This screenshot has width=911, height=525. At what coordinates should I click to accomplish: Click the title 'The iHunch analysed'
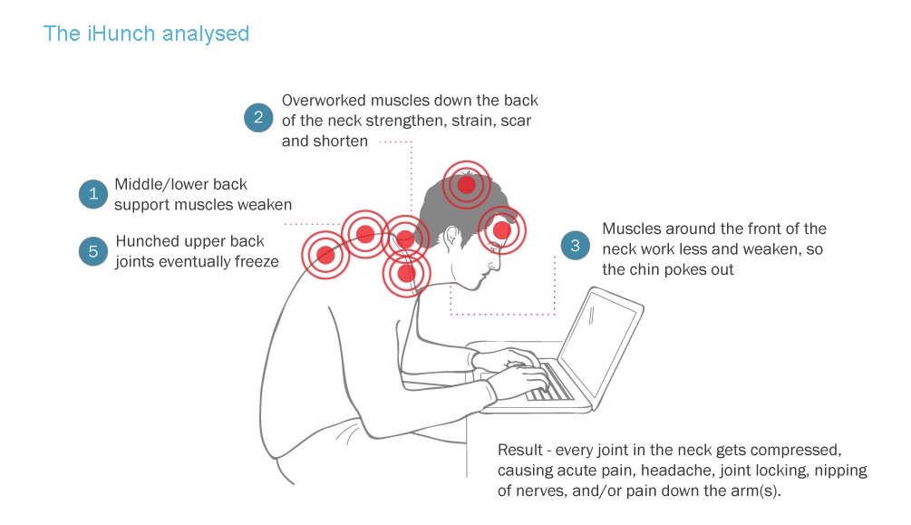[146, 34]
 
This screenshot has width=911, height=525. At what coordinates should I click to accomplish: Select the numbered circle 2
[258, 117]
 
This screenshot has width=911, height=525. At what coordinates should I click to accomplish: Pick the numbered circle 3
[575, 246]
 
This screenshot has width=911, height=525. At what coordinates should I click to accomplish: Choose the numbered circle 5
[93, 251]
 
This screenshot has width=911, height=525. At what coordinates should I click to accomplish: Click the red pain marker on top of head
[467, 186]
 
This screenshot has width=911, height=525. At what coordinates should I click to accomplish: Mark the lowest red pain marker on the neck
[406, 272]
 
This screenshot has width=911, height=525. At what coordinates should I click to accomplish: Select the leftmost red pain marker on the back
[325, 255]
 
